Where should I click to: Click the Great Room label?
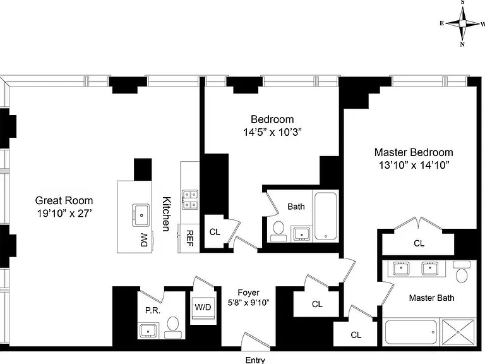[x=64, y=200]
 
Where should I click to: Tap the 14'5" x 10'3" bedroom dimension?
[x=272, y=132]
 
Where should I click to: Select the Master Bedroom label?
[x=414, y=152]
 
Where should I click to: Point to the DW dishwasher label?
[x=145, y=240]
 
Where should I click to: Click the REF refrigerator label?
[x=190, y=238]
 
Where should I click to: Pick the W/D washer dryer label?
[x=203, y=307]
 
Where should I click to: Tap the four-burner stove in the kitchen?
[x=190, y=200]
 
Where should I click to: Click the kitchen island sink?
[x=141, y=215]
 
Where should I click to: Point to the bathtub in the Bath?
[x=326, y=216]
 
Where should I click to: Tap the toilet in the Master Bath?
[x=462, y=272]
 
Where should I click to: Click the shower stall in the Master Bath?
[x=458, y=332]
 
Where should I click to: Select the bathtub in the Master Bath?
[x=411, y=332]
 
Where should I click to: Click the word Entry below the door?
[x=255, y=360]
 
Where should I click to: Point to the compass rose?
[x=462, y=23]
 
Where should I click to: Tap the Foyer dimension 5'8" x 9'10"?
[x=249, y=303]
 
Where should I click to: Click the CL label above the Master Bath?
[x=419, y=243]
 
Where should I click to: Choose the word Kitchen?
[x=167, y=214]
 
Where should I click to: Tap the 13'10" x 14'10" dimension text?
[x=414, y=165]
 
